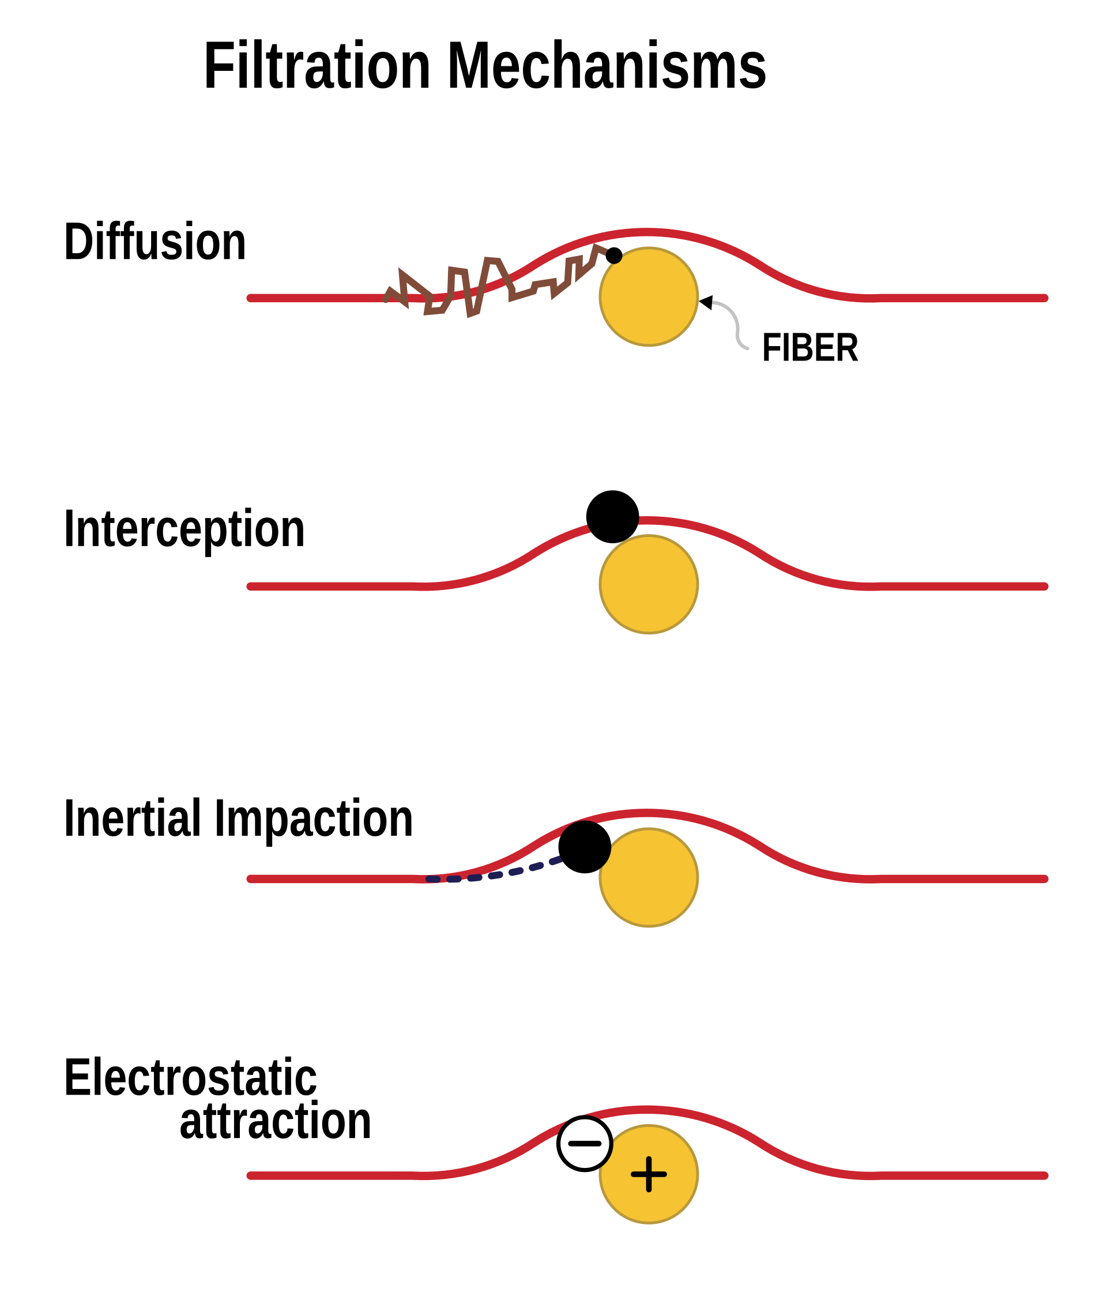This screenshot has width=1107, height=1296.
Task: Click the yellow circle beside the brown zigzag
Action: pos(649,296)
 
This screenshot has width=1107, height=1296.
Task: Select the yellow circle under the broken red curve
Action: pos(649,584)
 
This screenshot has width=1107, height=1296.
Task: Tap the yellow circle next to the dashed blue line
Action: pos(649,877)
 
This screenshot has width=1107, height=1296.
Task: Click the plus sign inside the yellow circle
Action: pos(649,1174)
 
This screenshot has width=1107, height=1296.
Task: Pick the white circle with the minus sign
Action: pos(584,1143)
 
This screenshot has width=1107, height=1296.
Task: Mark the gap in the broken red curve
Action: pos(613,523)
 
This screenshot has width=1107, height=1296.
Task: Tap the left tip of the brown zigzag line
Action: pos(385,301)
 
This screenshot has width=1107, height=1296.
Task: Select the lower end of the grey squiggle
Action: pos(747,348)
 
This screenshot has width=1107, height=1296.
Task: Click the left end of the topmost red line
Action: pos(251,298)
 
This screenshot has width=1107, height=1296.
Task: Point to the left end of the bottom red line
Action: pos(251,1176)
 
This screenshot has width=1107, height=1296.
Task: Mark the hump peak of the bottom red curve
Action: pos(649,1110)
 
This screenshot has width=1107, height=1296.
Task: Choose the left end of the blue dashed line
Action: pos(429,880)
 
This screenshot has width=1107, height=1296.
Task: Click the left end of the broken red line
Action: pos(251,586)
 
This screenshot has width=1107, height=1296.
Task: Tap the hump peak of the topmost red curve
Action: pos(649,232)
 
